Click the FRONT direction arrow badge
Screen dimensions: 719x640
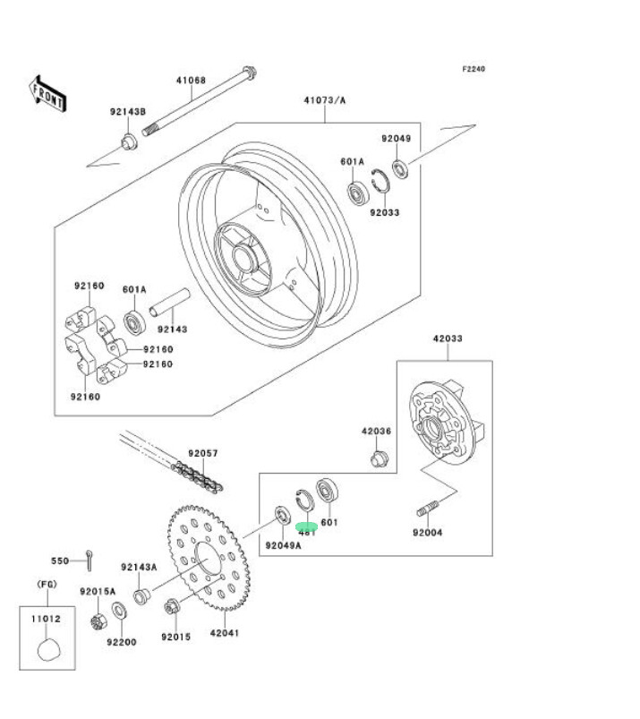click(x=47, y=94)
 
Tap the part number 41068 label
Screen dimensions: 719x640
click(x=191, y=81)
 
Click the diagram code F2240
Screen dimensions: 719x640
click(x=474, y=69)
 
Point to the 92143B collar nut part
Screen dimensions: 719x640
click(x=129, y=141)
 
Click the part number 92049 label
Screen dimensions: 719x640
click(x=396, y=139)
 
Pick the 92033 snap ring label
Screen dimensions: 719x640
click(x=385, y=212)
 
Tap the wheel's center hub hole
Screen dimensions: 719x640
click(x=243, y=261)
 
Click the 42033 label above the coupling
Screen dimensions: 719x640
click(x=448, y=339)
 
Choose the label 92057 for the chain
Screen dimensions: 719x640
click(x=203, y=454)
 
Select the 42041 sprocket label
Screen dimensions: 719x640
click(x=225, y=632)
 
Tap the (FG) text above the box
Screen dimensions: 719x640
click(x=47, y=584)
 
